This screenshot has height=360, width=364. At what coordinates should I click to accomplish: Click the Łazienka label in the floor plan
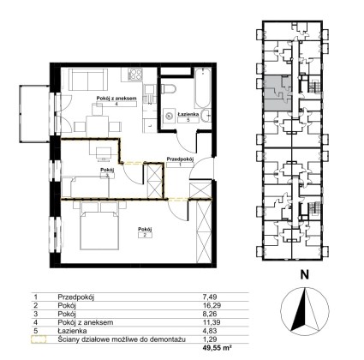188,114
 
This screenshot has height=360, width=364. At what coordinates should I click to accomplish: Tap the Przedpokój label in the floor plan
180,159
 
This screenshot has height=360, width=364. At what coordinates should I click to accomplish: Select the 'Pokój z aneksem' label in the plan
116,98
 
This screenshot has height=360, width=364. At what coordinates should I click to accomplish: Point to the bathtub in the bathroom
203,87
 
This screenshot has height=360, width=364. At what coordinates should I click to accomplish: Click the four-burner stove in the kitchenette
134,75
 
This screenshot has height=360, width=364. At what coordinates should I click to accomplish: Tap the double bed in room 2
99,225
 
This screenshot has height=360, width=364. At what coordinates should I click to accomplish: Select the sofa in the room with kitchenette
88,79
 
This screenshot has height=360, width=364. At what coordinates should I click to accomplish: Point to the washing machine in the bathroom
170,116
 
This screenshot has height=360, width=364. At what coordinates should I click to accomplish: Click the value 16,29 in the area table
211,305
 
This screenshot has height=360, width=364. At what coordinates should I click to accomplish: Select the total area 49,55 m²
216,348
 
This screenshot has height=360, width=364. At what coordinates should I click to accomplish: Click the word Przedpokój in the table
76,297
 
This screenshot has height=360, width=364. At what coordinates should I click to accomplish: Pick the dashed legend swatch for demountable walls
39,339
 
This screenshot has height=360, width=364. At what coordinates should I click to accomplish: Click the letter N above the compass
305,275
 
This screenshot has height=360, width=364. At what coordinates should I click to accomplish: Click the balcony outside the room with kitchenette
34,113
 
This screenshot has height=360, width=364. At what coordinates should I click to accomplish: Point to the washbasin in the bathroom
206,116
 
